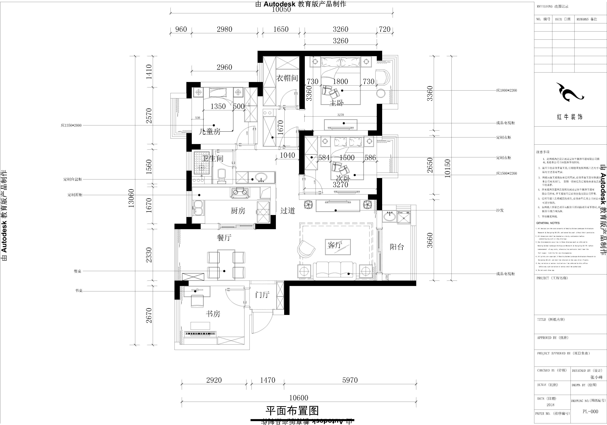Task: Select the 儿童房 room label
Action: tap(209, 131)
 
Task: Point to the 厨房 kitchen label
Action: tap(238, 211)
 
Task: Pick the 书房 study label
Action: tap(213, 314)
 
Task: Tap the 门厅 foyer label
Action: tap(262, 295)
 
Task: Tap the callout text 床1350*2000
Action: tap(71, 125)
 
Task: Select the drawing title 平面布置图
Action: tap(292, 411)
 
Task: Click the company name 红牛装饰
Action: tap(570, 117)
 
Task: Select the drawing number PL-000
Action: tap(590, 411)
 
